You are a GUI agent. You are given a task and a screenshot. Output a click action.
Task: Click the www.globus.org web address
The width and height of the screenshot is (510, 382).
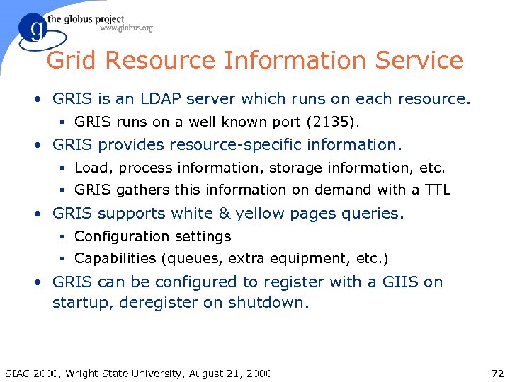click(x=126, y=28)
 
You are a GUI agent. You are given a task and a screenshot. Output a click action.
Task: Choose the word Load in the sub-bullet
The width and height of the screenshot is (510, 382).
click(x=90, y=168)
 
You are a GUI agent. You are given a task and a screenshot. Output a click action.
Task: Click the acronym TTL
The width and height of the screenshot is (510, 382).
click(x=436, y=190)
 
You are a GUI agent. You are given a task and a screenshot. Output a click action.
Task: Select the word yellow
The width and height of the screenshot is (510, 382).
click(x=261, y=213)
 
